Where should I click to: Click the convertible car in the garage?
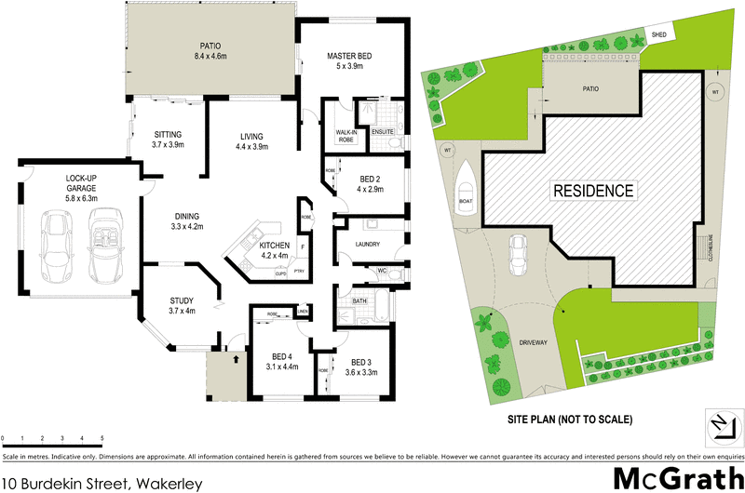click(x=102, y=246)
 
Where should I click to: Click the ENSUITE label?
click(x=383, y=133)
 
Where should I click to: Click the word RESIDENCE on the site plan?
click(x=594, y=193)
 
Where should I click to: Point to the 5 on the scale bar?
click(x=102, y=437)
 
